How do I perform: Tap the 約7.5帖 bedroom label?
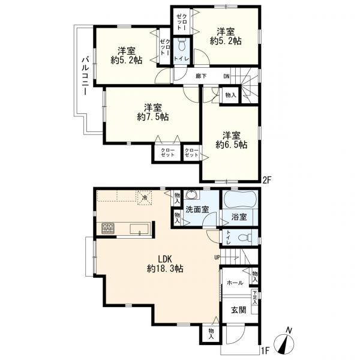153,112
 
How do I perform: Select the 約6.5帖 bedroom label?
232,140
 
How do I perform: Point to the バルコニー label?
85,76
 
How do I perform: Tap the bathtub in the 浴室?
239,199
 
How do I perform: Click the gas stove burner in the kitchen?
108,228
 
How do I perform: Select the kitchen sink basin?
139,229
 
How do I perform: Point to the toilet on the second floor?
182,45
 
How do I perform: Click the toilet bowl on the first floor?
245,238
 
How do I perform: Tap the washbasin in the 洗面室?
191,194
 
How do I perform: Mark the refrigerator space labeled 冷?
145,197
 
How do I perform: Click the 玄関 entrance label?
239,310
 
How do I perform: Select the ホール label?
235,283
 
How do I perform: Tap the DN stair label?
226,76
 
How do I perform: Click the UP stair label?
217,257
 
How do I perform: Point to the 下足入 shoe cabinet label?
254,298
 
